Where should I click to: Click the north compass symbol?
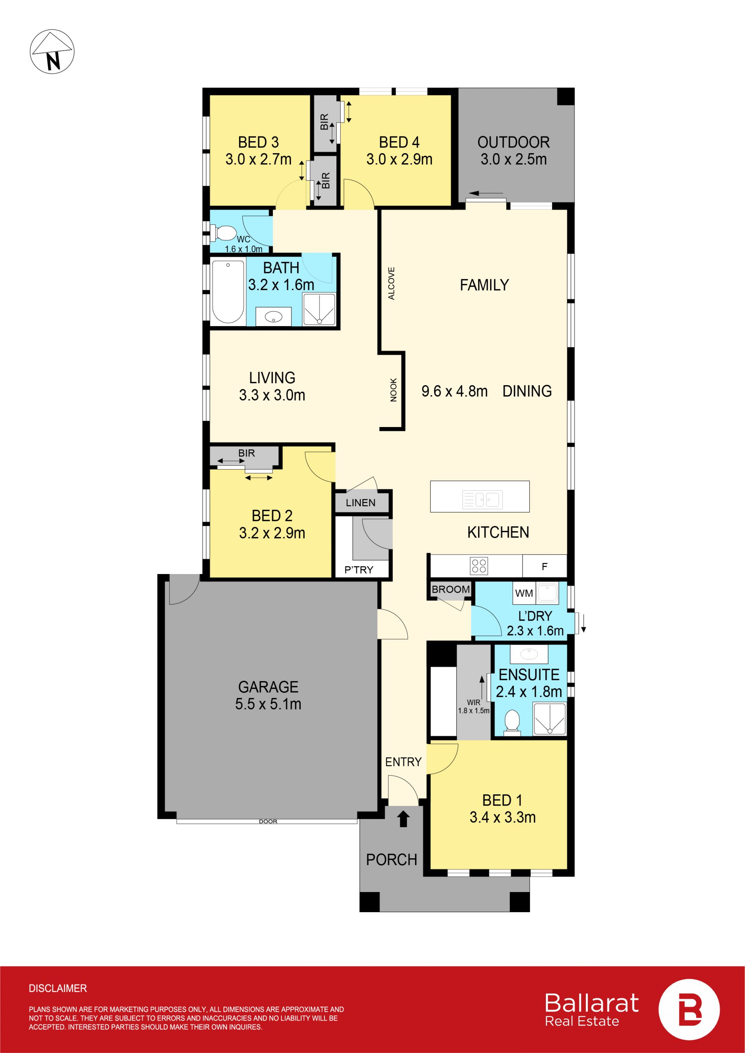pyautogui.click(x=52, y=51)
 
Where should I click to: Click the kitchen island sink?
pyautogui.click(x=483, y=500)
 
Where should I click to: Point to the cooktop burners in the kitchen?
pyautogui.click(x=479, y=566)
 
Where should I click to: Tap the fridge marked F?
pyautogui.click(x=544, y=566)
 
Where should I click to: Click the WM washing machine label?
pyautogui.click(x=524, y=593)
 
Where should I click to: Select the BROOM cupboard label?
pyautogui.click(x=450, y=590)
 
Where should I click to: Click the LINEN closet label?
pyautogui.click(x=360, y=503)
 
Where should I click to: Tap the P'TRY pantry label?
pyautogui.click(x=359, y=570)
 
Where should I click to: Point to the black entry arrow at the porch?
pyautogui.click(x=403, y=819)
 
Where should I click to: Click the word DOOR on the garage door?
pyautogui.click(x=268, y=821)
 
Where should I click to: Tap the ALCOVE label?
pyautogui.click(x=391, y=284)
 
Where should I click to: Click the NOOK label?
pyautogui.click(x=393, y=390)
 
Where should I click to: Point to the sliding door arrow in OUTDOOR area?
pyautogui.click(x=486, y=193)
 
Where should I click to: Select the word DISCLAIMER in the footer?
pyautogui.click(x=58, y=988)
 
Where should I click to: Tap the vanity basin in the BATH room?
pyautogui.click(x=274, y=316)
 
